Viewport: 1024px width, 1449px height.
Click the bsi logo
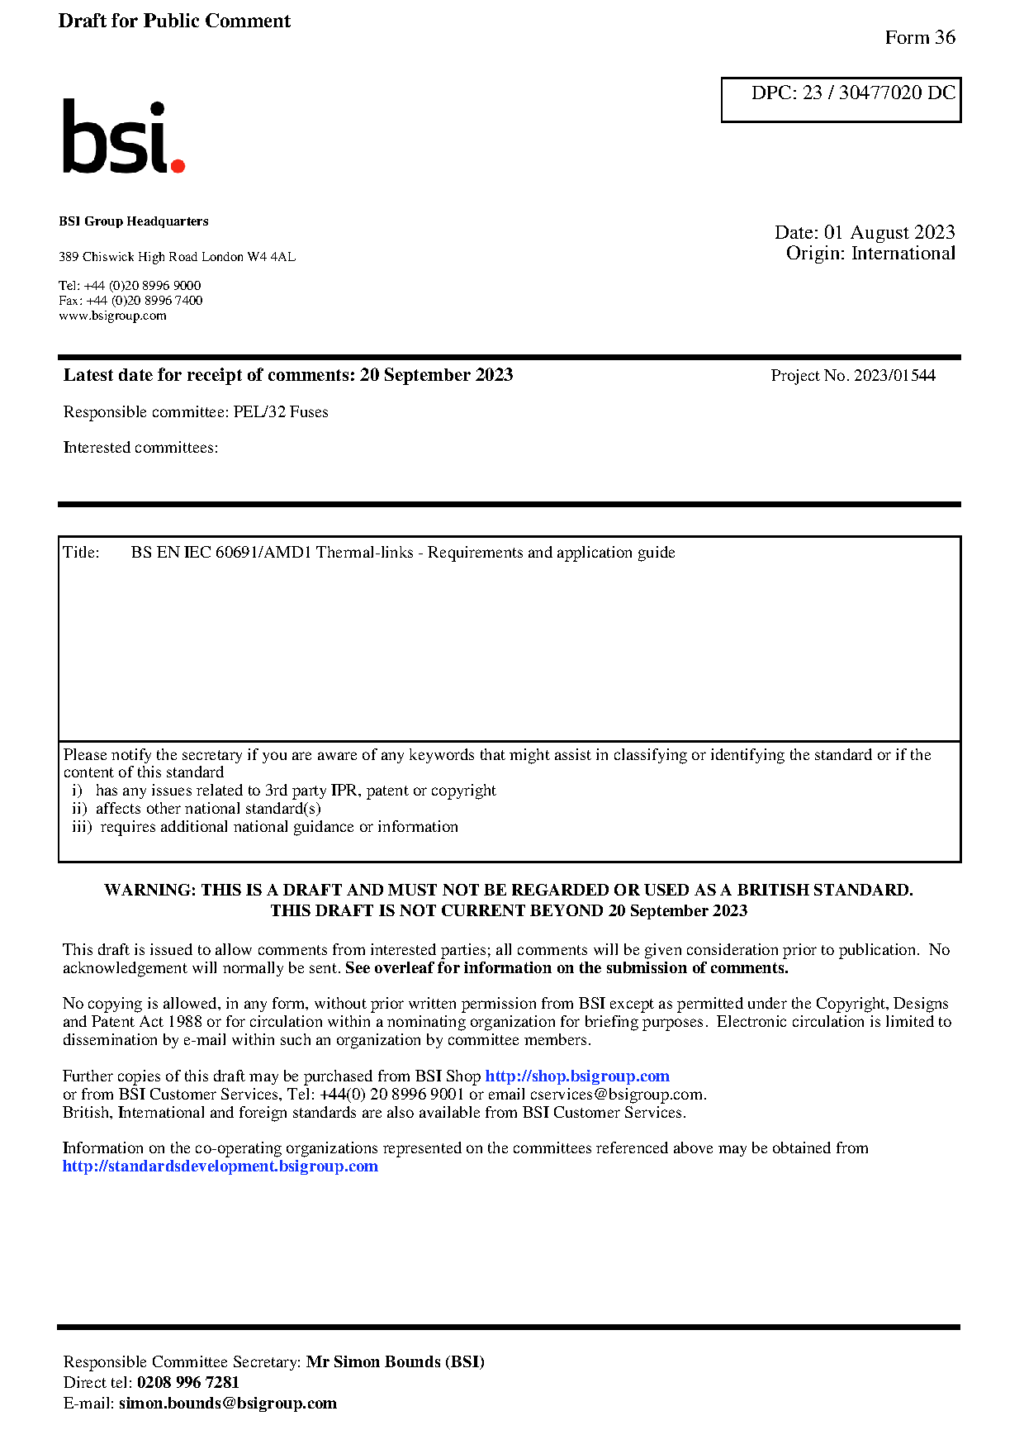124,137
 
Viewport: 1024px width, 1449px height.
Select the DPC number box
841,99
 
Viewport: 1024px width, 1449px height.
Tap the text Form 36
919,38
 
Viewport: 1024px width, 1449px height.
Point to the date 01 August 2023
889,232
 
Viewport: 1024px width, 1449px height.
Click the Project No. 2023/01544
852,376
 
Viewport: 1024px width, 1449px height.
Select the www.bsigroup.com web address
112,316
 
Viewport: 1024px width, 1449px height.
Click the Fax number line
130,301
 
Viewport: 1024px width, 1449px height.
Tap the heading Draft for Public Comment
174,21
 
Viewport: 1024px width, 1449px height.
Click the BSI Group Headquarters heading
134,221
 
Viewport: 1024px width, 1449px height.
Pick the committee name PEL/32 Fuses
281,411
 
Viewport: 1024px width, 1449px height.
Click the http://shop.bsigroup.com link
576,1076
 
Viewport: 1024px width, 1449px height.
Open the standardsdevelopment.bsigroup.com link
220,1166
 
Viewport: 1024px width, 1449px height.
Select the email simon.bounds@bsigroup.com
227,1403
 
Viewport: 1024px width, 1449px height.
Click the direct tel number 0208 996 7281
187,1382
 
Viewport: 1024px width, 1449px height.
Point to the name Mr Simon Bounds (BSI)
395,1361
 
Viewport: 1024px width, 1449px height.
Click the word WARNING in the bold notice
149,890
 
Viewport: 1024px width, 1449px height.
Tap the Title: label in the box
81,553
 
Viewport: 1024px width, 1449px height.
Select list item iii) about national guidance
264,827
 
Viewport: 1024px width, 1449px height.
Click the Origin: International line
870,254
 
